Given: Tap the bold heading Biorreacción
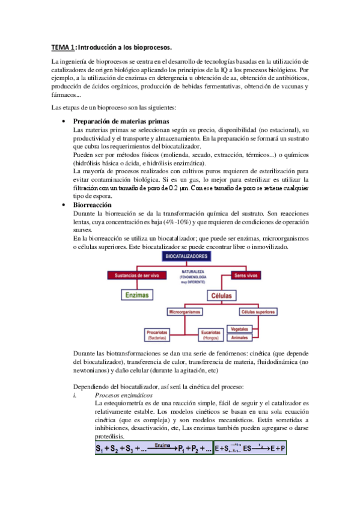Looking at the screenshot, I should [93, 205].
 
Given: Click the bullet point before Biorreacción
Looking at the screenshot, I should [64, 205].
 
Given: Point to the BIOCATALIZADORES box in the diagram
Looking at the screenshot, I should [186, 256].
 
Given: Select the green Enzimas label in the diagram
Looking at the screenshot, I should [136, 295].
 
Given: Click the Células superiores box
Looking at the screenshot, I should [258, 313].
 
